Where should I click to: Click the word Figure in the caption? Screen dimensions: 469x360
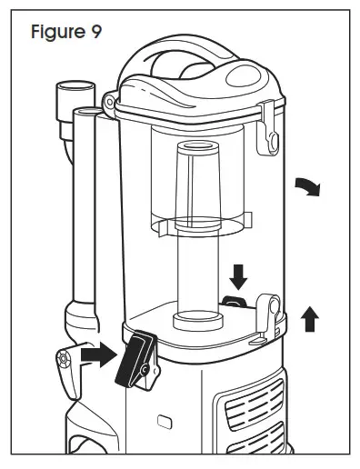[56, 33]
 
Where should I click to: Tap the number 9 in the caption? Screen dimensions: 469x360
[95, 33]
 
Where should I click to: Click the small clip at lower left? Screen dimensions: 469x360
[64, 362]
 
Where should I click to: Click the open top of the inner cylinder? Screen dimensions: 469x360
[195, 146]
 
